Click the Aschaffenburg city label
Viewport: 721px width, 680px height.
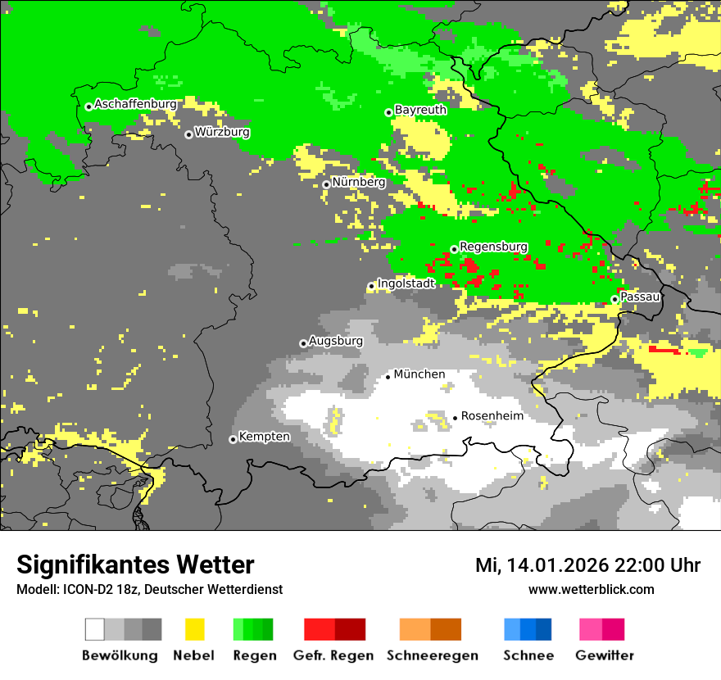click(x=135, y=104)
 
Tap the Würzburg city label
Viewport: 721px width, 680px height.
click(x=222, y=132)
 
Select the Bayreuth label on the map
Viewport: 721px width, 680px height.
click(x=420, y=110)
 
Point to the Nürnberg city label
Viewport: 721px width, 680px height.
click(x=358, y=182)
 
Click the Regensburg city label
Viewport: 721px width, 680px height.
click(x=493, y=247)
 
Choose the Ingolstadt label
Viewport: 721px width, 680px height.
click(x=406, y=283)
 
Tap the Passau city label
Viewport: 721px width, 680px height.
click(x=640, y=297)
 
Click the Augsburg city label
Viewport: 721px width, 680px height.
click(x=336, y=341)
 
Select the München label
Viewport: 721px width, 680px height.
click(x=419, y=374)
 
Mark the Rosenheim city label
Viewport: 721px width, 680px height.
click(x=492, y=416)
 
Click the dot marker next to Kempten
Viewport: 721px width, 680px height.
click(x=233, y=439)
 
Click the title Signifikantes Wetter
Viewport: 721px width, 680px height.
click(x=135, y=564)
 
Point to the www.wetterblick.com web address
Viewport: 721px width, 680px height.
click(x=591, y=590)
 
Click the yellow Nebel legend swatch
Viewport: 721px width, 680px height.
click(x=194, y=629)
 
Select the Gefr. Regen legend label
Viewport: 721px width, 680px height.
click(x=333, y=655)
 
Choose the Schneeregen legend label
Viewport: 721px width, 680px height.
click(x=432, y=655)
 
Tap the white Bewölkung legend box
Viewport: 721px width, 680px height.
click(x=95, y=629)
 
